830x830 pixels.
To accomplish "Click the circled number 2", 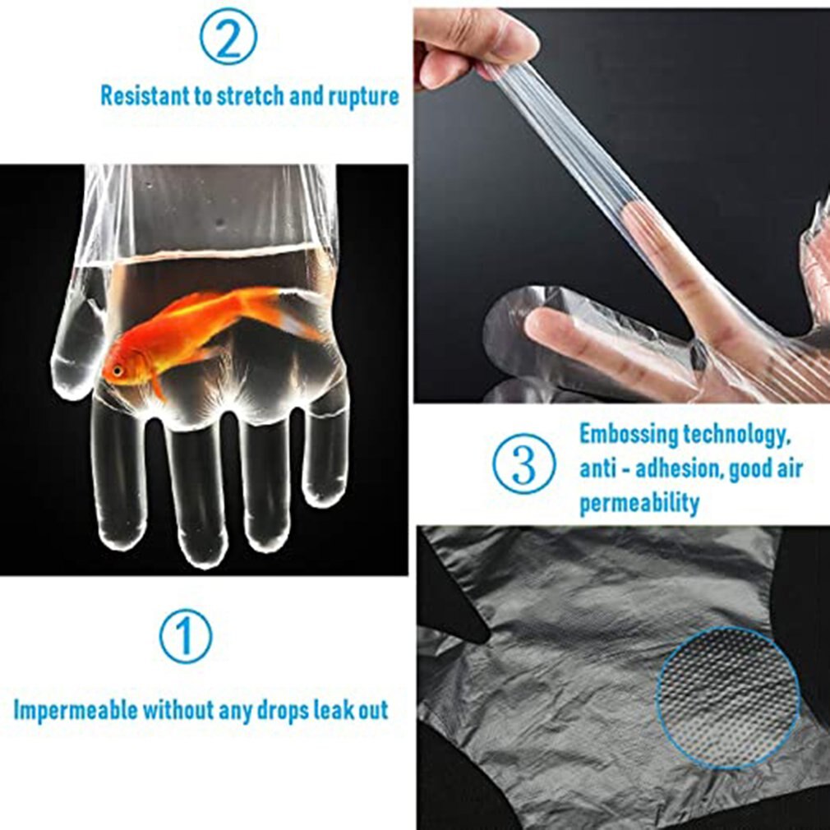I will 228,36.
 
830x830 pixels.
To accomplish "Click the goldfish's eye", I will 118,371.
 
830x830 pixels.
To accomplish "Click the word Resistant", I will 145,95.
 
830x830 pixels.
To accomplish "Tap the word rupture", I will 362,96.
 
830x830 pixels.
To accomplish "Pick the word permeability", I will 639,502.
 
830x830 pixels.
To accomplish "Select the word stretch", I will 251,95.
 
